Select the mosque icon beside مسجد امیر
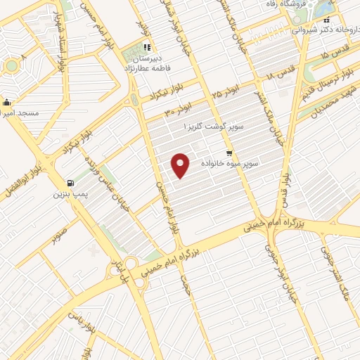point(6,101)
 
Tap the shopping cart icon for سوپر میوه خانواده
point(229,153)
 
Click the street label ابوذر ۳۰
point(176,108)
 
